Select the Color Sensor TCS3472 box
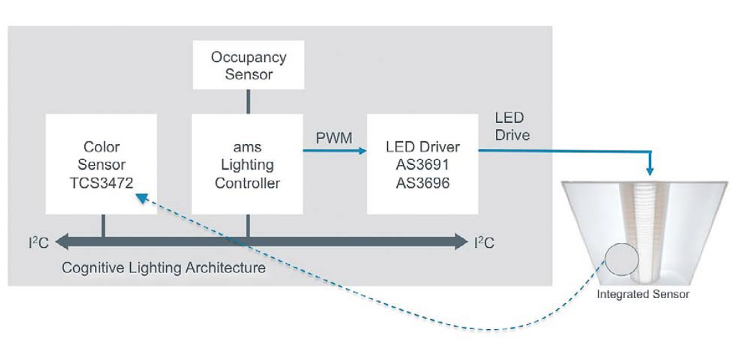coord(101,164)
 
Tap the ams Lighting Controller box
coord(247,164)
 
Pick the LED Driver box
coord(422,164)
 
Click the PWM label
coord(335,139)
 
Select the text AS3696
coord(422,183)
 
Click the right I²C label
coord(484,243)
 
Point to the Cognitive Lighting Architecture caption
coord(164,268)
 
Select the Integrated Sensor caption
coord(642,294)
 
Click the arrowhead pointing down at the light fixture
coord(650,171)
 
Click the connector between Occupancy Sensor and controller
coord(248,101)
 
